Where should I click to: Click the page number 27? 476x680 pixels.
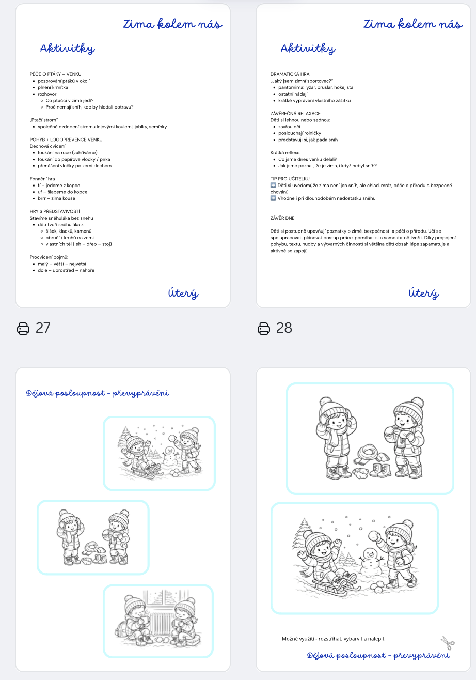(43, 328)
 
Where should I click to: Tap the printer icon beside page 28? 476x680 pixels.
(264, 329)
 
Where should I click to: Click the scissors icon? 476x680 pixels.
(448, 643)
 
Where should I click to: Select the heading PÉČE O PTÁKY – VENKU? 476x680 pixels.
(56, 74)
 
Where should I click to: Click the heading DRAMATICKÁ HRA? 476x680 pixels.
(290, 74)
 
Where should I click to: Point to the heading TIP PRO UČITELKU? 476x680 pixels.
(290, 179)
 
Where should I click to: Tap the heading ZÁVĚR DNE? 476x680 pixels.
(282, 218)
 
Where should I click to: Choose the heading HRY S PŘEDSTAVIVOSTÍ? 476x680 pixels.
(55, 211)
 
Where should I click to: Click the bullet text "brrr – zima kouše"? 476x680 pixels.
(56, 198)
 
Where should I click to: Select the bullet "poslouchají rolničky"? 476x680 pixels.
(300, 133)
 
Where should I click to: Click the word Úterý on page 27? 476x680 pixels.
(183, 293)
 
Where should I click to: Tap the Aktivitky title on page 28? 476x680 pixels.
(308, 49)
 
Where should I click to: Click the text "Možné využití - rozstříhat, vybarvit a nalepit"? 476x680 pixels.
(333, 639)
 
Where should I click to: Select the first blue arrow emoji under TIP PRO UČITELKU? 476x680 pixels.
(273, 185)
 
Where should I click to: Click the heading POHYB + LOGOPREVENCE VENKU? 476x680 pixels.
(66, 140)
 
